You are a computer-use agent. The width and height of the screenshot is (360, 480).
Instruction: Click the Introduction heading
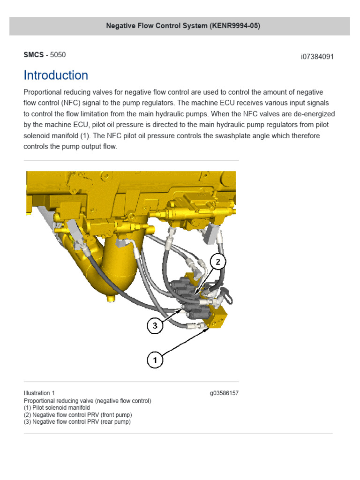click(56, 75)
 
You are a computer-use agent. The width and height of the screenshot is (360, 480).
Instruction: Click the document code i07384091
click(317, 57)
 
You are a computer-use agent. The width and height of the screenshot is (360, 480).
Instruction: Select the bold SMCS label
click(33, 55)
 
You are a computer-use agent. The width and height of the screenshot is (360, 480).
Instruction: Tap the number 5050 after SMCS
click(58, 55)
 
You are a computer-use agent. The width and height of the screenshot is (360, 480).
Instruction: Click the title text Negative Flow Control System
click(157, 26)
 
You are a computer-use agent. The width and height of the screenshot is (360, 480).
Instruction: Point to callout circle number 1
click(156, 360)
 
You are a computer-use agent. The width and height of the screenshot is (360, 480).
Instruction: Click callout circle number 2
click(217, 262)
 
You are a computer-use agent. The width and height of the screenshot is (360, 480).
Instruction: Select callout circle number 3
click(156, 326)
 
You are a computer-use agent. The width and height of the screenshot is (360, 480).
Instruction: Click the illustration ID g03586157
click(224, 393)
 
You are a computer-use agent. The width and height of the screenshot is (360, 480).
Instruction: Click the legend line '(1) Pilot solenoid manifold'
click(56, 408)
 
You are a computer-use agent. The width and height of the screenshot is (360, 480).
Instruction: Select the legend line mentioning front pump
click(78, 415)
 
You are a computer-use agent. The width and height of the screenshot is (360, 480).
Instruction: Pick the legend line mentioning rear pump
click(77, 422)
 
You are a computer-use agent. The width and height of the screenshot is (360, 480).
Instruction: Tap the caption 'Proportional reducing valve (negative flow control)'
click(87, 401)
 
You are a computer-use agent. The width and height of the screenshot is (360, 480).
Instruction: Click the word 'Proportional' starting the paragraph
click(45, 92)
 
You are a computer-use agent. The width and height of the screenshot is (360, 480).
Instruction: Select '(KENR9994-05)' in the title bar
click(235, 26)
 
